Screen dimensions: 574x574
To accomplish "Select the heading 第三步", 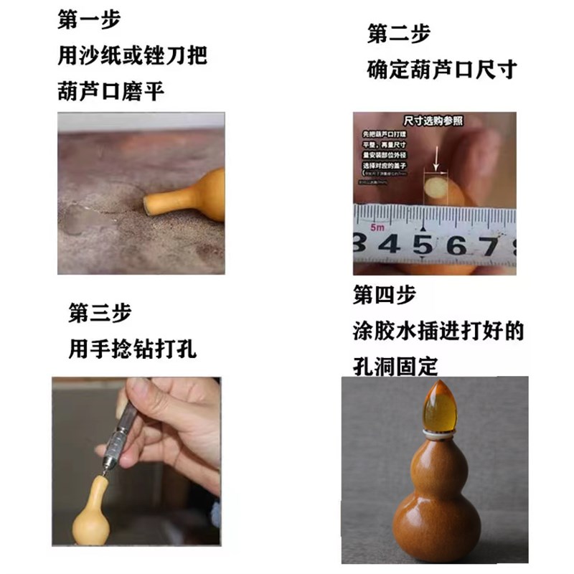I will [x=100, y=313].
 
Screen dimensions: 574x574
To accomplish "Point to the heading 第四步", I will [x=384, y=296].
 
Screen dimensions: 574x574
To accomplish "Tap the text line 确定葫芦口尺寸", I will [x=441, y=70].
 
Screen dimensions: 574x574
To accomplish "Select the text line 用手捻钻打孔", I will [x=132, y=350].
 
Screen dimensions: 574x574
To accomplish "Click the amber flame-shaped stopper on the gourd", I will [x=443, y=405].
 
